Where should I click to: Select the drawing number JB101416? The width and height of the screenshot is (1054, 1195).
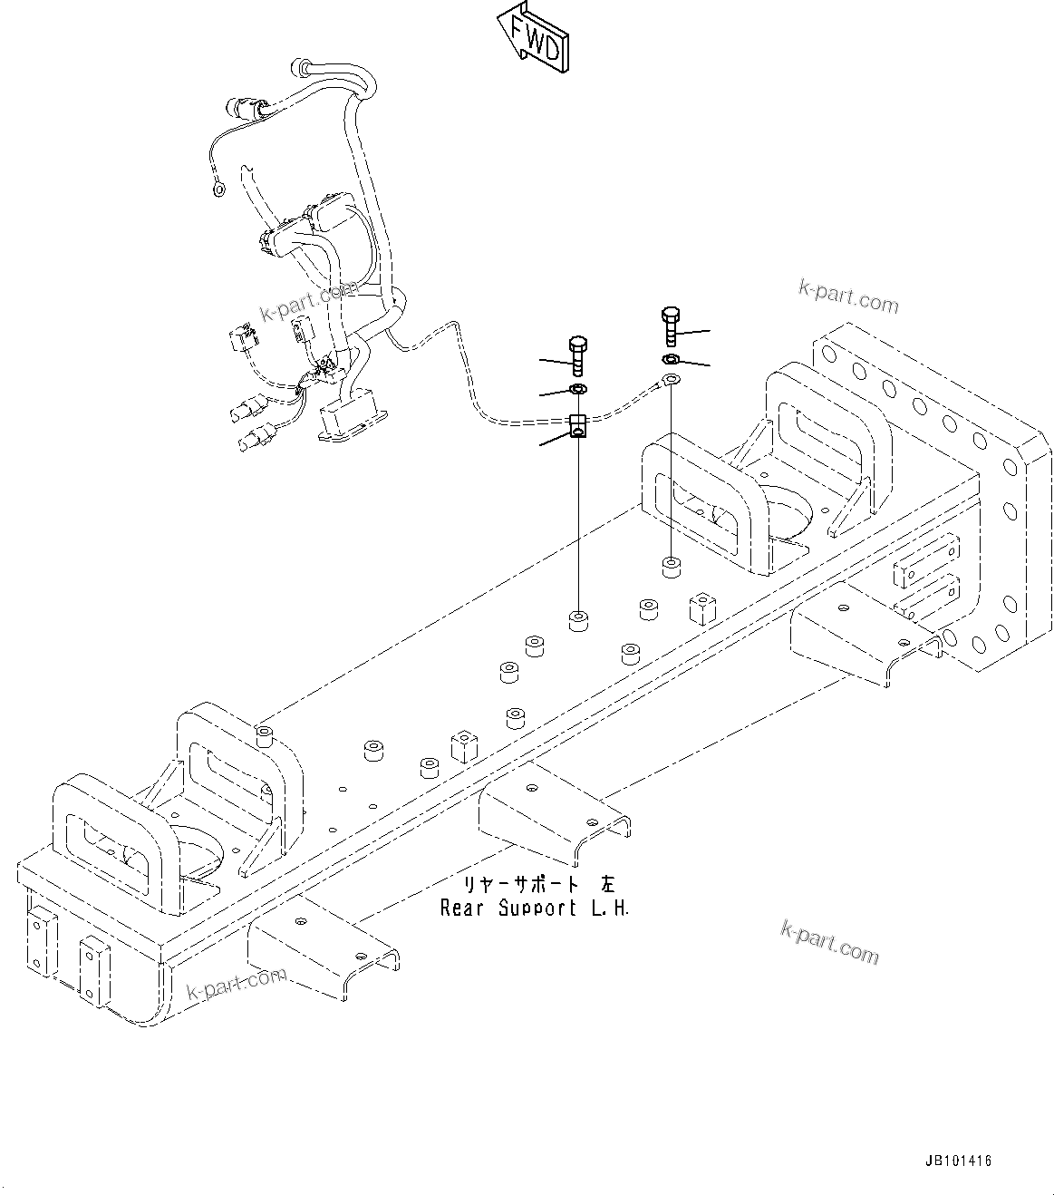[958, 1160]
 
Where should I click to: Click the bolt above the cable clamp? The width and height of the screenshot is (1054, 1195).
[577, 355]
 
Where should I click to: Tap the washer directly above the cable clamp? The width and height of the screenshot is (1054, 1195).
[577, 390]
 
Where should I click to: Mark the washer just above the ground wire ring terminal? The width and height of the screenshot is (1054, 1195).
[671, 361]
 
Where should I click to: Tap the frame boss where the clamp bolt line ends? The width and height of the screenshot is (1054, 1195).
[577, 621]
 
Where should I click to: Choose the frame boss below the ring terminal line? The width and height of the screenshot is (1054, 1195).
[671, 568]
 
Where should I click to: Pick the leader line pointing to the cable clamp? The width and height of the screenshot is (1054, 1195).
[555, 442]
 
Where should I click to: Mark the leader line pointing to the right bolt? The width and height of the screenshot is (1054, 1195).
[694, 333]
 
